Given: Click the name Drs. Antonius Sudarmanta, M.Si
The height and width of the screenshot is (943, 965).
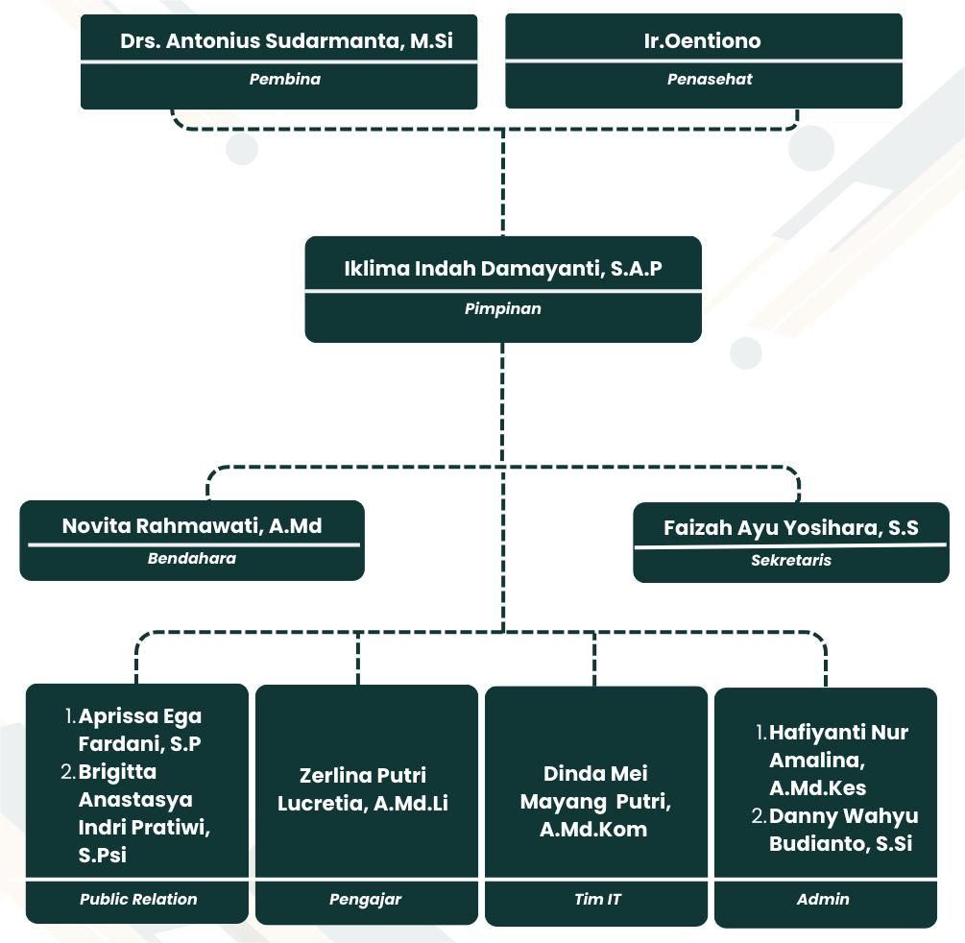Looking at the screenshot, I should (x=286, y=41).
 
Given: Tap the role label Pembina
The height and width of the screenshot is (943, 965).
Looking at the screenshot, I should (x=284, y=80).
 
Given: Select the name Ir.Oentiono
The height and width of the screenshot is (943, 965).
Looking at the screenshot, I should (x=702, y=41).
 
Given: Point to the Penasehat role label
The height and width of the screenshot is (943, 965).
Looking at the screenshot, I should (x=710, y=80).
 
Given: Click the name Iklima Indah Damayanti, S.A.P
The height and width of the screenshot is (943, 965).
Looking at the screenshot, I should (x=503, y=269).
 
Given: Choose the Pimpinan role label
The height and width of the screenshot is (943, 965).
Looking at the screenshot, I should (x=503, y=309).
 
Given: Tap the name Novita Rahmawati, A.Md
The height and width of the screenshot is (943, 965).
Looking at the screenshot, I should (x=192, y=526).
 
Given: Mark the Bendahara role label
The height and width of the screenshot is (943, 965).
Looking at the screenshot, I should (x=192, y=558).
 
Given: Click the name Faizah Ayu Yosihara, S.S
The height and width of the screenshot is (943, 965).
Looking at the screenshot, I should (x=791, y=528).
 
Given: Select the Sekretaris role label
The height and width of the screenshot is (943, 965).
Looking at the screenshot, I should (x=791, y=560).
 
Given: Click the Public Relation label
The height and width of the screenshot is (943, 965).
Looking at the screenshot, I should (x=138, y=900).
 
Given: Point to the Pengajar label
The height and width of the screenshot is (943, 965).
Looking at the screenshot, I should (x=366, y=900).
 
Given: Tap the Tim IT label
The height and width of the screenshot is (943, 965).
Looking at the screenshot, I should (x=596, y=900).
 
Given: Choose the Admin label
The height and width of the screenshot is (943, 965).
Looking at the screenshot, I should (x=823, y=900).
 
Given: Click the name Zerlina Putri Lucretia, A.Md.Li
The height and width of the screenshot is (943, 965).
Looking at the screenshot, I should (x=363, y=789).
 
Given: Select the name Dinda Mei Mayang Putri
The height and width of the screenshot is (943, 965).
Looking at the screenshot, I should (x=595, y=801).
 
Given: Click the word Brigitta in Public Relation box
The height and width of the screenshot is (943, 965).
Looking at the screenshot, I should (x=117, y=772).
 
